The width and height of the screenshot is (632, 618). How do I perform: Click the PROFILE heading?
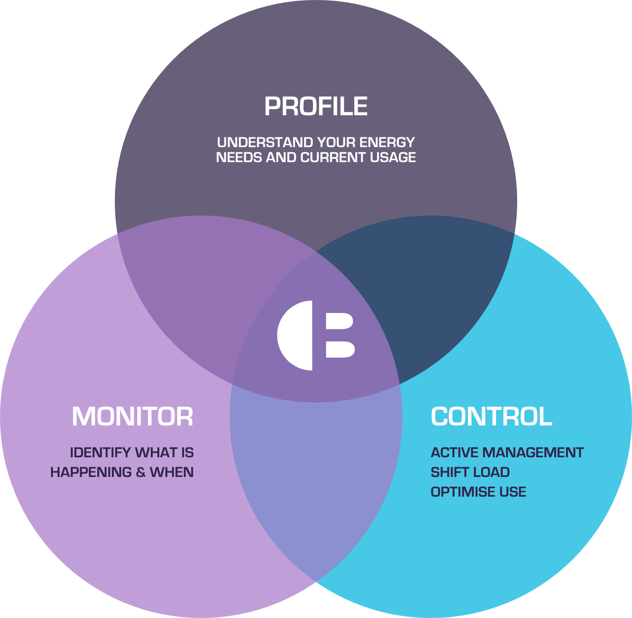[316, 106]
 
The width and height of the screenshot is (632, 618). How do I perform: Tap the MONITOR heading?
[133, 417]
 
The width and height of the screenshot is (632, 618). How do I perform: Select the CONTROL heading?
[491, 417]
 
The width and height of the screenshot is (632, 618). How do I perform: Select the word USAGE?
[393, 157]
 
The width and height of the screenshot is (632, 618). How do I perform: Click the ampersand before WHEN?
[141, 472]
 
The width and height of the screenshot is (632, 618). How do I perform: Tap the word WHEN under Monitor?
[171, 472]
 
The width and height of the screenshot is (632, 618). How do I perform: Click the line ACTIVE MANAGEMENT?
[507, 453]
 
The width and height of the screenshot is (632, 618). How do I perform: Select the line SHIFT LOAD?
[470, 472]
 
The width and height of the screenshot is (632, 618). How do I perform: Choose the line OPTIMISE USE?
[478, 492]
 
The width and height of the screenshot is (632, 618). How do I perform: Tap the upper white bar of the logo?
[340, 321]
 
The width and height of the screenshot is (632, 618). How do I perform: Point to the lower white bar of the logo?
[340, 350]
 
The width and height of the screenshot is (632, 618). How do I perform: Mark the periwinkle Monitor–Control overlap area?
[316, 469]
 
